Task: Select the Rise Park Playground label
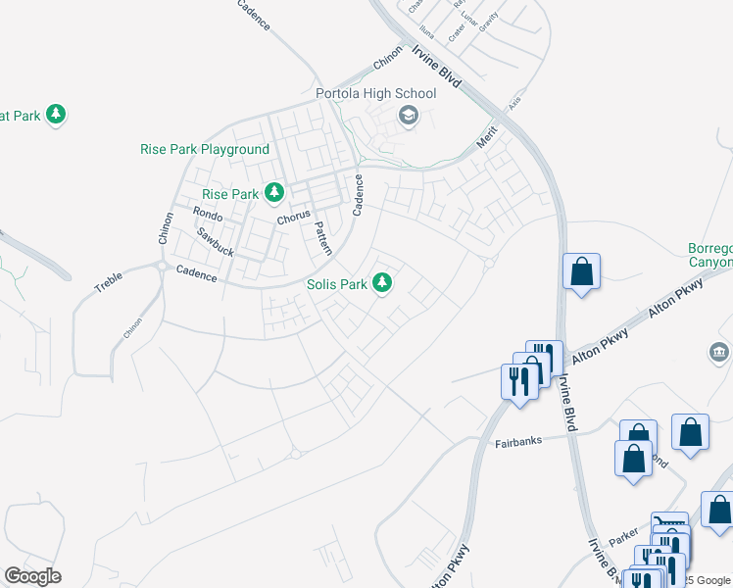coord(204,149)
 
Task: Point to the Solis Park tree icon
coord(383,284)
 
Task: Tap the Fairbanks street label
coord(512,443)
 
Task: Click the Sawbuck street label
coord(215,242)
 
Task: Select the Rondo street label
coord(208,213)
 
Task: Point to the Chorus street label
coord(293,216)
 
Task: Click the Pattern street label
coord(323,238)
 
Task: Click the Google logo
coord(32,576)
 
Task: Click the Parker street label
coord(622,538)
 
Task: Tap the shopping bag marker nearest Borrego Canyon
coord(582,273)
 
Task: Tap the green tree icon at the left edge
coord(57,115)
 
